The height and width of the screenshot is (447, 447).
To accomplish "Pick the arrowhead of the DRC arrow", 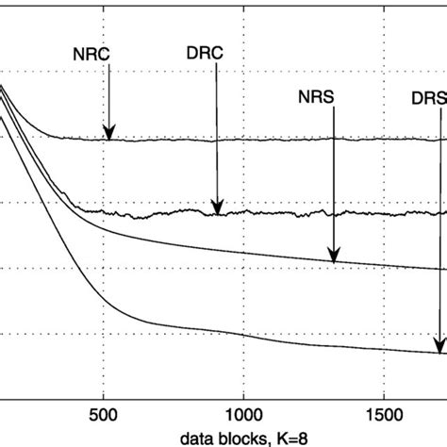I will [218, 212].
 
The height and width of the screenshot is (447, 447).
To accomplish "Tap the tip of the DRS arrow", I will [439, 350].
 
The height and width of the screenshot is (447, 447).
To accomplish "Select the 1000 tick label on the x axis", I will [243, 414].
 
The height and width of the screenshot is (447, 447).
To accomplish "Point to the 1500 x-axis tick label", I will [384, 414].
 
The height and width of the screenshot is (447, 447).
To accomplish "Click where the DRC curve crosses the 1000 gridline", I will [243, 214].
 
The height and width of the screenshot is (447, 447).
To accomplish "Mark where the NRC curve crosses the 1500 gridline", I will [384, 140].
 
